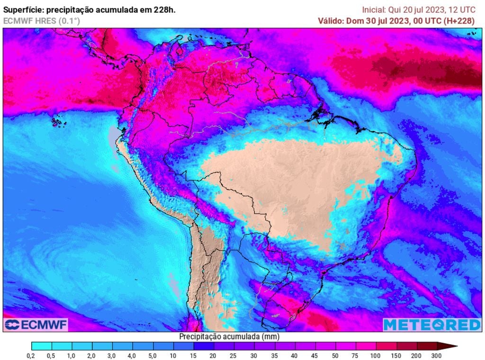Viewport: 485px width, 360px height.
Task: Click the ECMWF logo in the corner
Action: click(x=36, y=324)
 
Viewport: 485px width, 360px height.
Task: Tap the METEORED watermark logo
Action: click(x=431, y=324)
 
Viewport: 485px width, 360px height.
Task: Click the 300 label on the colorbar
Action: click(x=436, y=356)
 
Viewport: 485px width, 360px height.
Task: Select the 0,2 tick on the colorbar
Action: click(x=31, y=356)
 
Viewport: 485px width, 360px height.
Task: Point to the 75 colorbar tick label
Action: click(x=355, y=356)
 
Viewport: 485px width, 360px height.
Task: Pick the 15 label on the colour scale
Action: click(x=193, y=356)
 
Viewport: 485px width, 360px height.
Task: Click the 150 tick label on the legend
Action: click(x=396, y=356)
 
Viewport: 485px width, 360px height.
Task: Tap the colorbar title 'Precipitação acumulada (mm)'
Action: click(x=229, y=336)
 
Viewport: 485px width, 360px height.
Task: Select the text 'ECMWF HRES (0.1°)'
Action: click(x=42, y=21)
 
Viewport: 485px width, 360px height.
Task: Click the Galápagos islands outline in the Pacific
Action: click(x=58, y=122)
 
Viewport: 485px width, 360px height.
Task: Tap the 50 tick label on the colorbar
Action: click(x=335, y=356)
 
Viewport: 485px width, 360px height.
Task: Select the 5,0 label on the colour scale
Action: click(x=153, y=356)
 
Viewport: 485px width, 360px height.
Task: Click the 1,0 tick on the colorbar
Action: click(x=72, y=356)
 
